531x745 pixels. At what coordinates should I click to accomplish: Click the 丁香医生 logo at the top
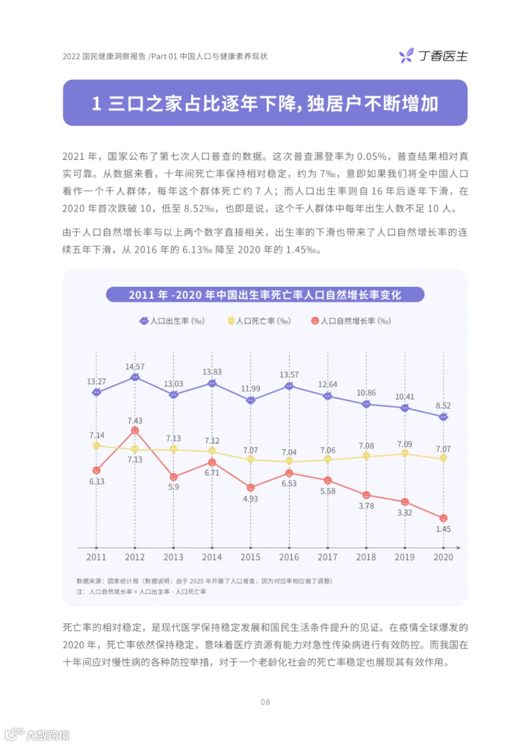pyautogui.click(x=433, y=55)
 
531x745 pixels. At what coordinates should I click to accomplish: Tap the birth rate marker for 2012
pyautogui.click(x=135, y=377)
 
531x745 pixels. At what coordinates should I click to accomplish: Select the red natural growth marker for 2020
pyautogui.click(x=443, y=518)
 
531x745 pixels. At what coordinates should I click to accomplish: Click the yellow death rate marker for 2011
pyautogui.click(x=96, y=446)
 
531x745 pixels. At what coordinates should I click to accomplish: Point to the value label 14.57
pyautogui.click(x=135, y=367)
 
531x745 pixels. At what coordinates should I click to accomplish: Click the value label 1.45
pyautogui.click(x=443, y=529)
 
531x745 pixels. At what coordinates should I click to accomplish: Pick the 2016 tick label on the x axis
pyautogui.click(x=289, y=557)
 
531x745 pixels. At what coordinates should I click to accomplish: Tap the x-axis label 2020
pyautogui.click(x=443, y=557)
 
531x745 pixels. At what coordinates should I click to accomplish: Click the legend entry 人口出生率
pyautogui.click(x=172, y=321)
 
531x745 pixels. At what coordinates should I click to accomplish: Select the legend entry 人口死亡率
pyautogui.click(x=259, y=321)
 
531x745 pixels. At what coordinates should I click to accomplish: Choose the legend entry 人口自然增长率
pyautogui.click(x=351, y=321)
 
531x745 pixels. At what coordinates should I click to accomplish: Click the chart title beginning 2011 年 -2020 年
pyautogui.click(x=265, y=295)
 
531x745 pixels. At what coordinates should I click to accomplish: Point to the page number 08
pyautogui.click(x=265, y=702)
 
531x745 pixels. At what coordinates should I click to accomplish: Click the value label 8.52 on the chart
pyautogui.click(x=443, y=406)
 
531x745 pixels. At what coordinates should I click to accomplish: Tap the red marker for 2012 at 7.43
pyautogui.click(x=135, y=430)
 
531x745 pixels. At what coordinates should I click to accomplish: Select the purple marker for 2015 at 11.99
pyautogui.click(x=250, y=400)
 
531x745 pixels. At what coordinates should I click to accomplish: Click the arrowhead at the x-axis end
pyautogui.click(x=458, y=547)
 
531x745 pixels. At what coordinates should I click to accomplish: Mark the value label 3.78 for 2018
pyautogui.click(x=366, y=506)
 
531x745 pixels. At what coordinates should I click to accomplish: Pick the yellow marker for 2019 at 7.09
pyautogui.click(x=405, y=453)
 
